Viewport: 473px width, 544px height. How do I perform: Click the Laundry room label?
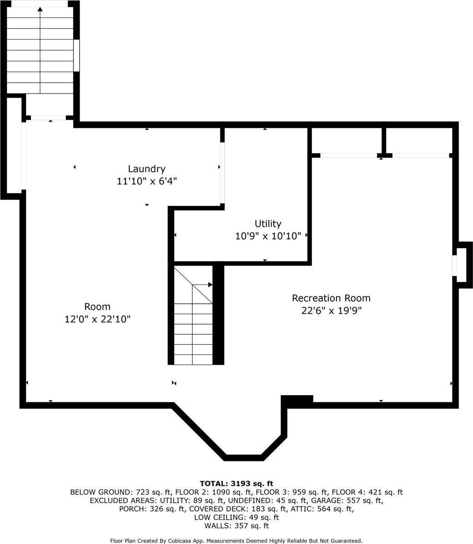[x=146, y=169]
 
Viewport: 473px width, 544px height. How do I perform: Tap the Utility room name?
[x=268, y=224]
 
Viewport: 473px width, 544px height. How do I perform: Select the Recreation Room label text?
[x=331, y=298]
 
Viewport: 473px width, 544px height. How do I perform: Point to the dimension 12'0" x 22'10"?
[x=97, y=319]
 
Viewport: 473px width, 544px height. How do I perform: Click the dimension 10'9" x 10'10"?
[x=268, y=236]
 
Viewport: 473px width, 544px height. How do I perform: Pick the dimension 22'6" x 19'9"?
[x=331, y=310]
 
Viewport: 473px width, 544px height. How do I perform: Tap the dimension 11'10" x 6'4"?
[x=146, y=181]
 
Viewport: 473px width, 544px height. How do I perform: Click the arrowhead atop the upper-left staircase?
[x=40, y=9]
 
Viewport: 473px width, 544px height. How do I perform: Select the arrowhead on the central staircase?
[x=210, y=285]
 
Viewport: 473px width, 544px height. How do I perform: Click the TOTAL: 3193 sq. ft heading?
[x=236, y=483]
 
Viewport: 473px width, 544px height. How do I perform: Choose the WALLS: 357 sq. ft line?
[x=236, y=526]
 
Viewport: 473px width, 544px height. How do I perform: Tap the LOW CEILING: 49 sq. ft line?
[x=236, y=517]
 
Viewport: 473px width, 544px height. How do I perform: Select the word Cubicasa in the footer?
[x=181, y=540]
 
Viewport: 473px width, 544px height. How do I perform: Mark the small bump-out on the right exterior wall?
[x=465, y=265]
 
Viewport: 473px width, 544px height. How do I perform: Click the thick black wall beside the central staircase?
[x=218, y=315]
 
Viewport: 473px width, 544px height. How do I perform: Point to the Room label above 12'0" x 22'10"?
[x=97, y=307]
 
